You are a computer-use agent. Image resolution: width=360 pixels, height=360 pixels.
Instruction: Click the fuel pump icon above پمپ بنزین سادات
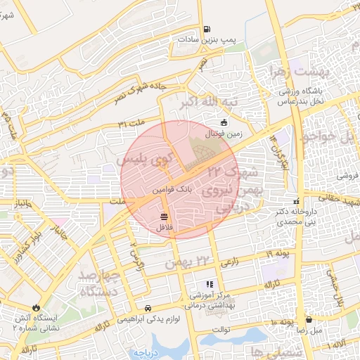point(206,30)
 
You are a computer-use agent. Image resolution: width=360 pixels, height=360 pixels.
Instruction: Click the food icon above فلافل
point(164,216)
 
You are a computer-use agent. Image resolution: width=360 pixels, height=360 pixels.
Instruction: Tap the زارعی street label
point(229,262)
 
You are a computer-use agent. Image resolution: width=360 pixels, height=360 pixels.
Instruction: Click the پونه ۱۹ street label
point(278,254)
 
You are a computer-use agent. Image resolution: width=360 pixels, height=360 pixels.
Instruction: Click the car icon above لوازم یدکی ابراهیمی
point(148,308)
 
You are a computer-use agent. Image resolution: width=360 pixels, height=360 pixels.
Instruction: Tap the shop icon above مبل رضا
point(309,319)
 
